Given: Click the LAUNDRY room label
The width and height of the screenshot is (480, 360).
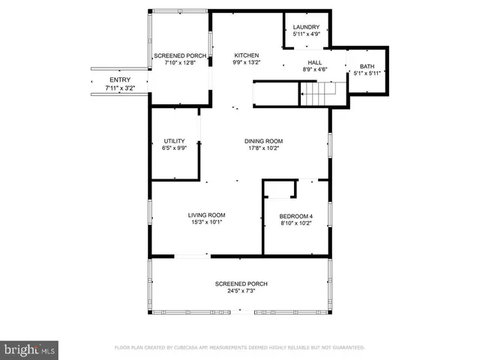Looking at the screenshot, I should tap(306, 27).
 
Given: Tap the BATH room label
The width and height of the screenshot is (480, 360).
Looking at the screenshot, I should tap(367, 66).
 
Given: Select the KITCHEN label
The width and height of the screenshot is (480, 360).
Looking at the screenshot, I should tap(246, 55).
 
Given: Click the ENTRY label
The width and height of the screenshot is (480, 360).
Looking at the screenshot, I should tap(119, 80).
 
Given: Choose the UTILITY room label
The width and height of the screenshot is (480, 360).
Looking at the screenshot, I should tap(174, 141).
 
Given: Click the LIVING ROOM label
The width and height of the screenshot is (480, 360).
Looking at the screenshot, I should tap(206, 215).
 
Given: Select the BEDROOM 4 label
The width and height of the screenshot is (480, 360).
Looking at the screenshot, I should tap(295, 217).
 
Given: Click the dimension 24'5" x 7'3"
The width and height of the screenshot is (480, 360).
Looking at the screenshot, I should tap(241, 291).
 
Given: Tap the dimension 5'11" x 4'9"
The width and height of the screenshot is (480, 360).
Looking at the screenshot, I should tap(306, 34).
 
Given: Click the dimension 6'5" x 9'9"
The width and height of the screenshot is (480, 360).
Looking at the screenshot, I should tap(174, 148).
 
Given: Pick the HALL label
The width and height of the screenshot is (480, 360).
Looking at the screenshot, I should tap(314, 62).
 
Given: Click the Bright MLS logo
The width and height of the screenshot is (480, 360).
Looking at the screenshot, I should tap(30, 349).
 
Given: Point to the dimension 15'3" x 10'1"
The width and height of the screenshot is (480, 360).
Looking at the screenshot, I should tap(206, 223).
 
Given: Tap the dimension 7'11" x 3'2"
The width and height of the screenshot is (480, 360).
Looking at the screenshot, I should tap(119, 88).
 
